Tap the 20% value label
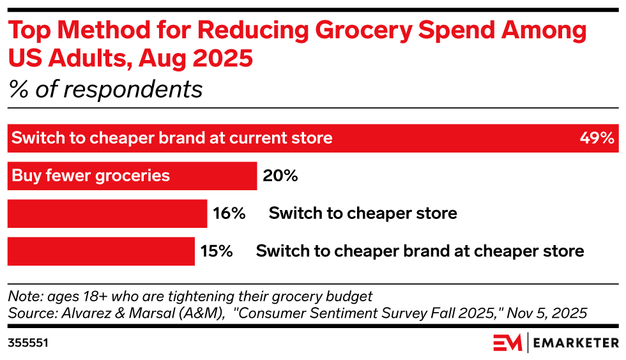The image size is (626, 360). click(280, 176)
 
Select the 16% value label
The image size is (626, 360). click(229, 213)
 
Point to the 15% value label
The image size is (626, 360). click(217, 251)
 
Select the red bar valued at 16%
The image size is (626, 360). click(107, 213)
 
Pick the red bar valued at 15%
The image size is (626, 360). click(101, 251)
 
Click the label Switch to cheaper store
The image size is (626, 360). click(363, 213)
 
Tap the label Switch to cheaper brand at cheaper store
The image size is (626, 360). click(420, 251)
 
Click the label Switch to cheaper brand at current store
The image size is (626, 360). click(172, 138)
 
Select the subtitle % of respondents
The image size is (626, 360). click(105, 89)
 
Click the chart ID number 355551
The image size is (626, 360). click(28, 343)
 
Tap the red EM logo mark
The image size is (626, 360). click(507, 342)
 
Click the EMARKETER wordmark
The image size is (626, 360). click(576, 343)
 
